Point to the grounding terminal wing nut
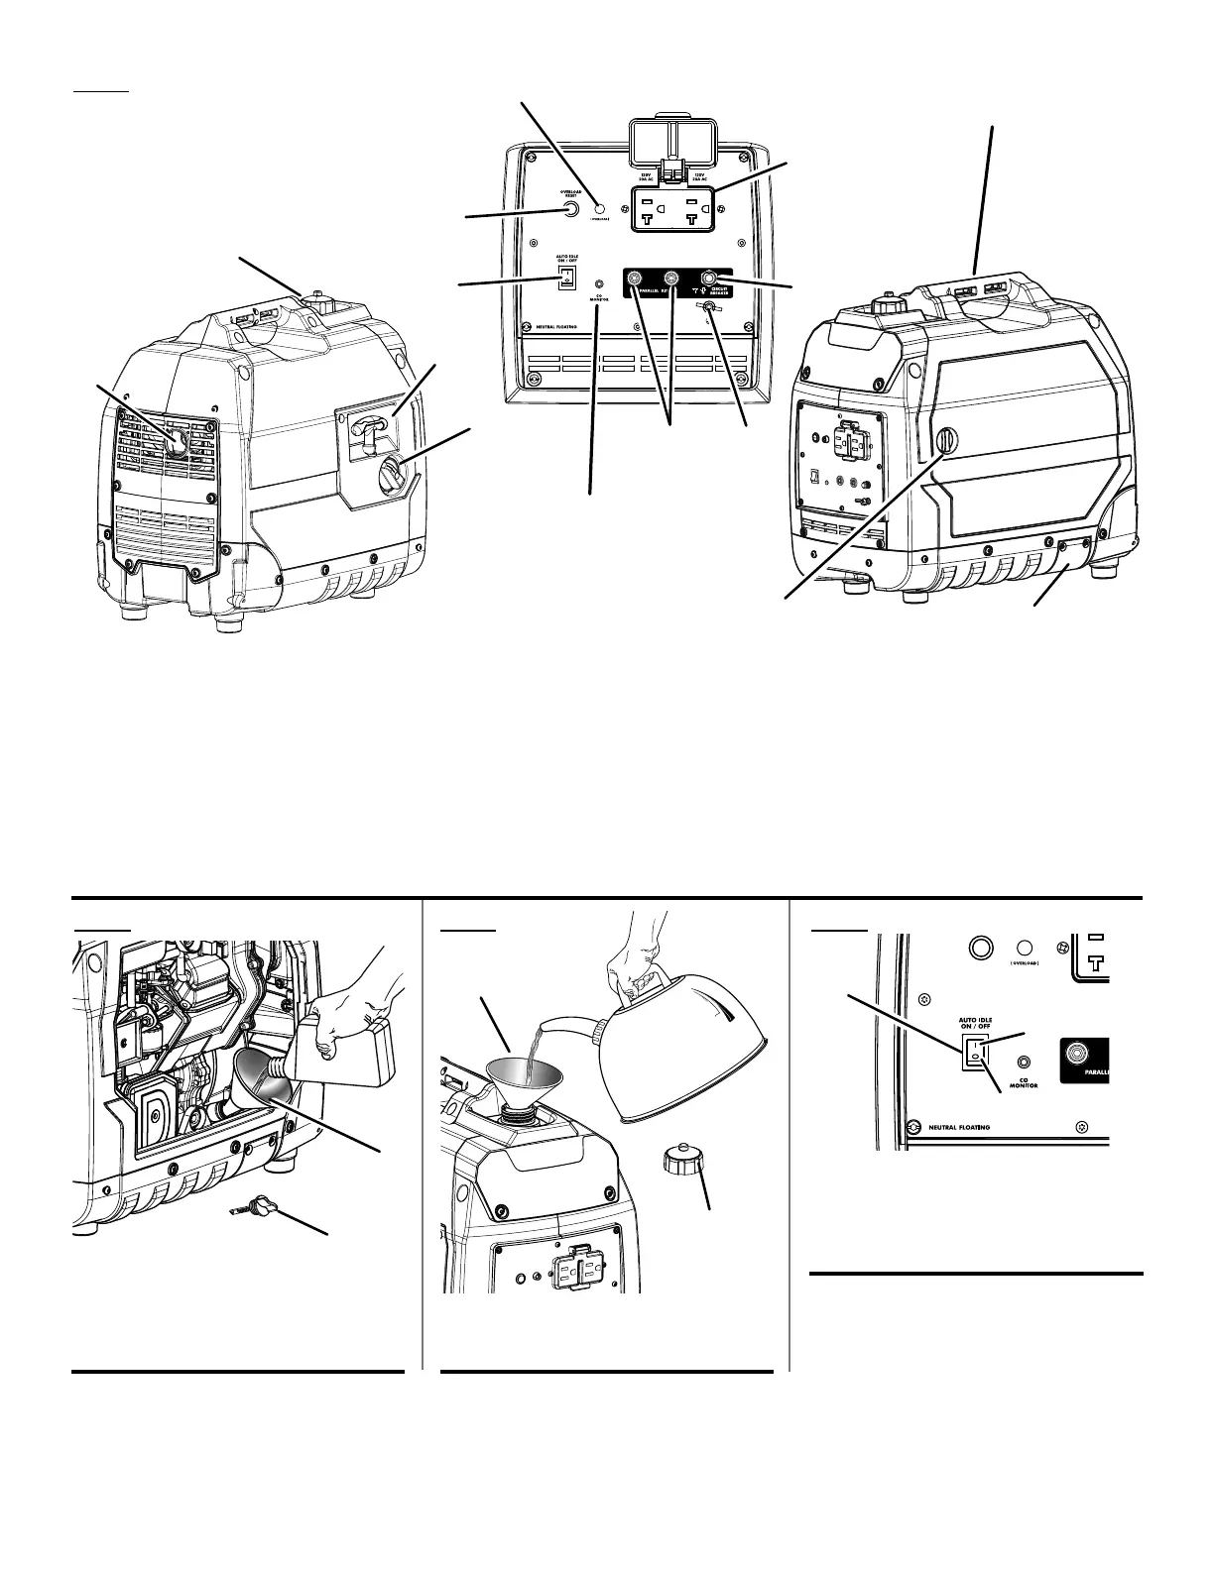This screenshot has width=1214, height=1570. click(x=708, y=309)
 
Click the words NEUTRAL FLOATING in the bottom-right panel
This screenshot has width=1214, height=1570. click(x=952, y=1127)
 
